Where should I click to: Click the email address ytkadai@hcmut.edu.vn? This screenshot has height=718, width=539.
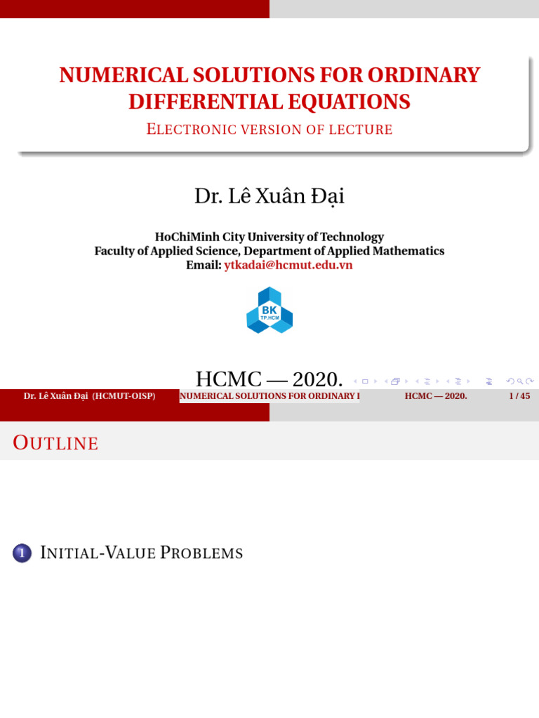(288, 265)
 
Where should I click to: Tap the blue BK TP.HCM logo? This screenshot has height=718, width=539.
(269, 310)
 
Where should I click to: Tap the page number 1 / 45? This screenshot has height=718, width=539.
(519, 396)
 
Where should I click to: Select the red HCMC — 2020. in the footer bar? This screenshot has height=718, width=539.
(436, 396)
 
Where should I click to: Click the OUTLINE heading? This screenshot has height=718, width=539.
(56, 443)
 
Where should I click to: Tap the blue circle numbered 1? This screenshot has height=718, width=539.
(22, 554)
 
